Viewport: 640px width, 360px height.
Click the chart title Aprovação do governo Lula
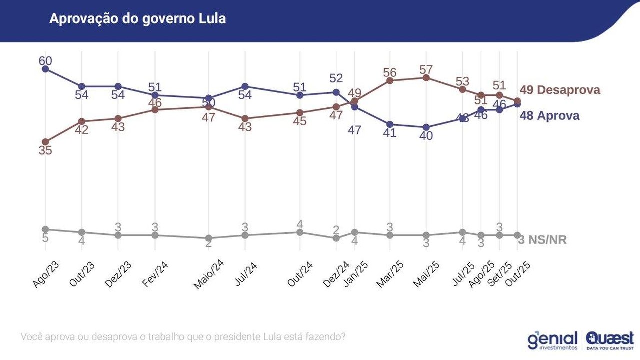coord(137,19)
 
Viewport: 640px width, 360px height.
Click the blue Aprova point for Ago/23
coord(45,69)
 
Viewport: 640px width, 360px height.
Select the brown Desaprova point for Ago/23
coord(45,142)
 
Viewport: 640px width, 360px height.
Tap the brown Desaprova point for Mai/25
coord(426,78)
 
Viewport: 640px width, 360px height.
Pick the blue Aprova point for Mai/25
coord(426,127)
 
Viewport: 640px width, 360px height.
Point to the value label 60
coord(45,61)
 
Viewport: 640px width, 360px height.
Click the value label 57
coord(426,69)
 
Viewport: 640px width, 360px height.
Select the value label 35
coord(45,150)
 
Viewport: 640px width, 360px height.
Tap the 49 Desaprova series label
coord(560,90)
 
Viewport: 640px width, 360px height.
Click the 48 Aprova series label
coord(549,116)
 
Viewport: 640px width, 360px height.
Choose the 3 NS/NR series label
coord(542,240)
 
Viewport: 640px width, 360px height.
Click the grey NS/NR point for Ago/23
coord(45,229)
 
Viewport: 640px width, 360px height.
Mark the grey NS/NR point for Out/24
coord(300,232)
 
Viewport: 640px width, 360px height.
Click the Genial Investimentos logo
coord(552,340)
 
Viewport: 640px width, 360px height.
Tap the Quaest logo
coord(609,339)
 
